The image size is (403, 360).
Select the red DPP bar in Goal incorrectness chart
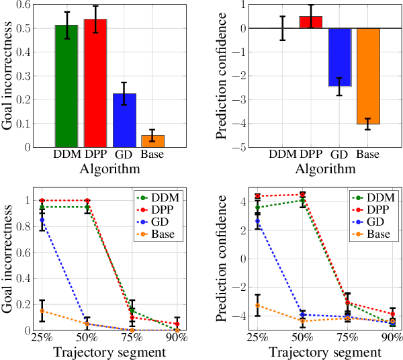pyautogui.click(x=95, y=83)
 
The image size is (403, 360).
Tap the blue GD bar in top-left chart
pyautogui.click(x=124, y=120)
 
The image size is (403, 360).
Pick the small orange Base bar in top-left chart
pyautogui.click(x=153, y=141)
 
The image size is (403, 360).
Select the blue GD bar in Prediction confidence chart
pyautogui.click(x=339, y=57)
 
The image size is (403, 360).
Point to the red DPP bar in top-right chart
pyautogui.click(x=310, y=22)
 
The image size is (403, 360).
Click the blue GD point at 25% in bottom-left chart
pyautogui.click(x=42, y=220)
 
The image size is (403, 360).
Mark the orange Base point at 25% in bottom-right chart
pyautogui.click(x=257, y=305)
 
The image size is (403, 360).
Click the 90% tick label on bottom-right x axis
pyautogui.click(x=392, y=336)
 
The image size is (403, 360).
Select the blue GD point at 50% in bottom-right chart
pyautogui.click(x=302, y=314)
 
